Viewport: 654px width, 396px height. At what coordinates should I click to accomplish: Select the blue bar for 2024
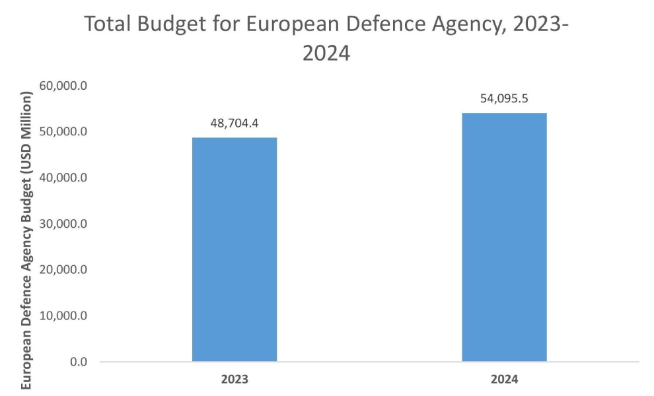click(504, 237)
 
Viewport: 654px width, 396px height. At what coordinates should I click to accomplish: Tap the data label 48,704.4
click(235, 123)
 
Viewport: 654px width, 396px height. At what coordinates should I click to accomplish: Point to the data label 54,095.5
click(504, 99)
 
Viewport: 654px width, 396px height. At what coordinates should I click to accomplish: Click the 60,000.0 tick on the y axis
click(65, 86)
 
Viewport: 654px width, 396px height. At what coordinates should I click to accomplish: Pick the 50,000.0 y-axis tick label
click(65, 132)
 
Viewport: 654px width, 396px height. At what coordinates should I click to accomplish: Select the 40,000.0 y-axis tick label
click(65, 178)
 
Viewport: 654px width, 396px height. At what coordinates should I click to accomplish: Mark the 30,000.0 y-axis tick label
click(65, 224)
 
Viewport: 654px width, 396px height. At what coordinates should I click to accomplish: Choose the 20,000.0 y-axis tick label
click(65, 270)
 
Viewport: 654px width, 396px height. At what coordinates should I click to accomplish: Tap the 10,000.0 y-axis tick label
click(65, 315)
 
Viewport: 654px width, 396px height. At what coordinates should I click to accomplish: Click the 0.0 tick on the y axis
click(78, 362)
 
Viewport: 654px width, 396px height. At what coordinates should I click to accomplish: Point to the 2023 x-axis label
click(235, 380)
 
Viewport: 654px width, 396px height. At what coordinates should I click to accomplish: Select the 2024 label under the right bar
click(504, 380)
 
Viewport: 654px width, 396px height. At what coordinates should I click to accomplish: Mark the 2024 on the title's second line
click(326, 53)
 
